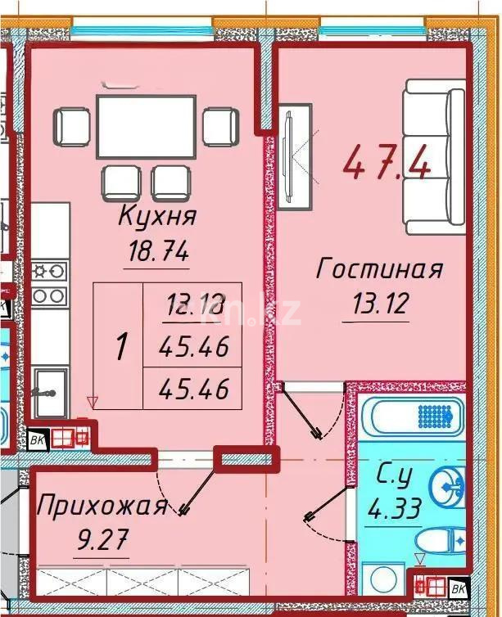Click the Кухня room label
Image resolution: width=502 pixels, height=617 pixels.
point(157,218)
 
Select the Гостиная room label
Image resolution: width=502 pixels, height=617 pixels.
point(380,269)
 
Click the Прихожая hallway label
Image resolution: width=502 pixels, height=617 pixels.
point(101,505)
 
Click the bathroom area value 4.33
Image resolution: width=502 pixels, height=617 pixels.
point(396,511)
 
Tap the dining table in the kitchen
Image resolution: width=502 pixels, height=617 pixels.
point(146,126)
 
